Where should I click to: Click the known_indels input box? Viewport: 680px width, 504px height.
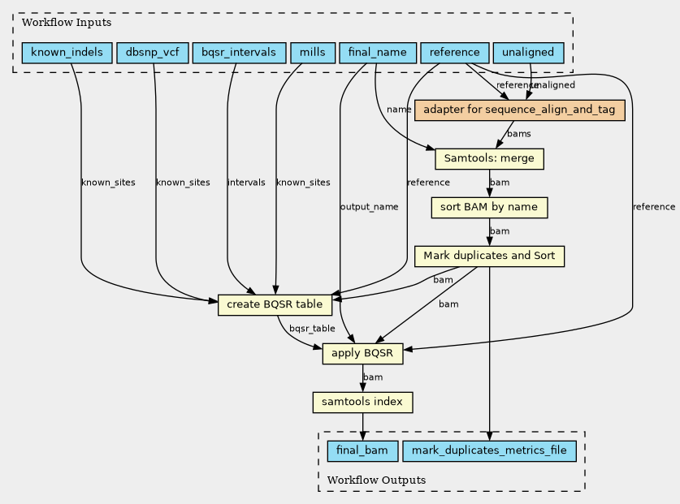click(67, 53)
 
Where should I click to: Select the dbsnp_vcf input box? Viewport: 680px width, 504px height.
click(153, 53)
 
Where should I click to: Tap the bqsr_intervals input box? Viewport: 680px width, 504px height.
click(239, 53)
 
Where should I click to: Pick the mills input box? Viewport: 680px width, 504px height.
click(313, 53)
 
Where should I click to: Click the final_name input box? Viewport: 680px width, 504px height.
click(378, 53)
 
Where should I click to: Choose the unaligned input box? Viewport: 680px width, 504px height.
click(528, 53)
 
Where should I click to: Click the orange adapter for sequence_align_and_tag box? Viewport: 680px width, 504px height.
click(519, 110)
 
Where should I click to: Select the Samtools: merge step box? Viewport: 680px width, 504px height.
click(489, 158)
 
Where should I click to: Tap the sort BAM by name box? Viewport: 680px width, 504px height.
click(489, 208)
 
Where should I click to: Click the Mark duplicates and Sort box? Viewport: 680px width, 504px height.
click(489, 256)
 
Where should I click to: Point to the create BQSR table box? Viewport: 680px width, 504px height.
click(275, 304)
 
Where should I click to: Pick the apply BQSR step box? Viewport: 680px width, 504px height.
click(362, 354)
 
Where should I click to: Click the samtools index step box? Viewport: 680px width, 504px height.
click(362, 403)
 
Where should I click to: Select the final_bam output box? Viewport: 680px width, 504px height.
click(362, 450)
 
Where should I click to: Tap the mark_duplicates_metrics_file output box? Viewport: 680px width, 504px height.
click(489, 450)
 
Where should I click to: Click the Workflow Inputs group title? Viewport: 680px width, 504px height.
click(67, 23)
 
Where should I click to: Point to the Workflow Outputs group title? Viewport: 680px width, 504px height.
click(376, 480)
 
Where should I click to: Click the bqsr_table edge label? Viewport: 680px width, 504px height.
click(312, 329)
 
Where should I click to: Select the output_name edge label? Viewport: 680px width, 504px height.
click(369, 207)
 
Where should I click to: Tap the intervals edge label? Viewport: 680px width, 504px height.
click(246, 183)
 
